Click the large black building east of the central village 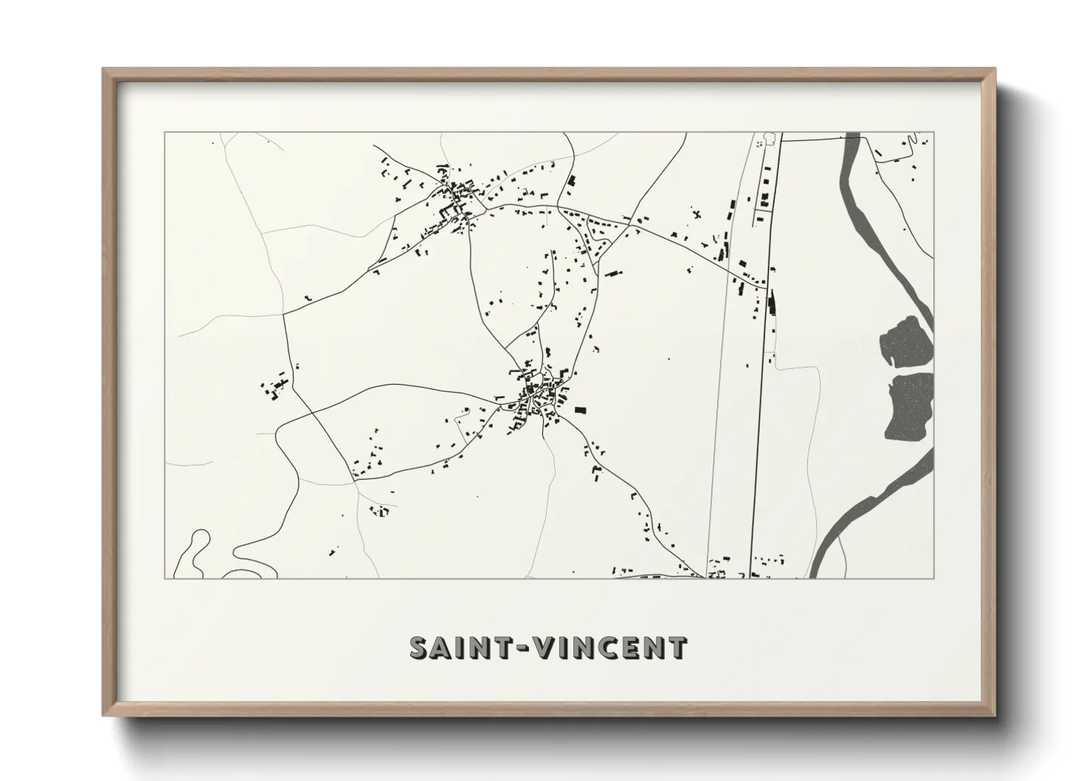click(580, 410)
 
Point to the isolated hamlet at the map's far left click(274, 389)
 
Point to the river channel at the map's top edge click(853, 140)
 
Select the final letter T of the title click(678, 648)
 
